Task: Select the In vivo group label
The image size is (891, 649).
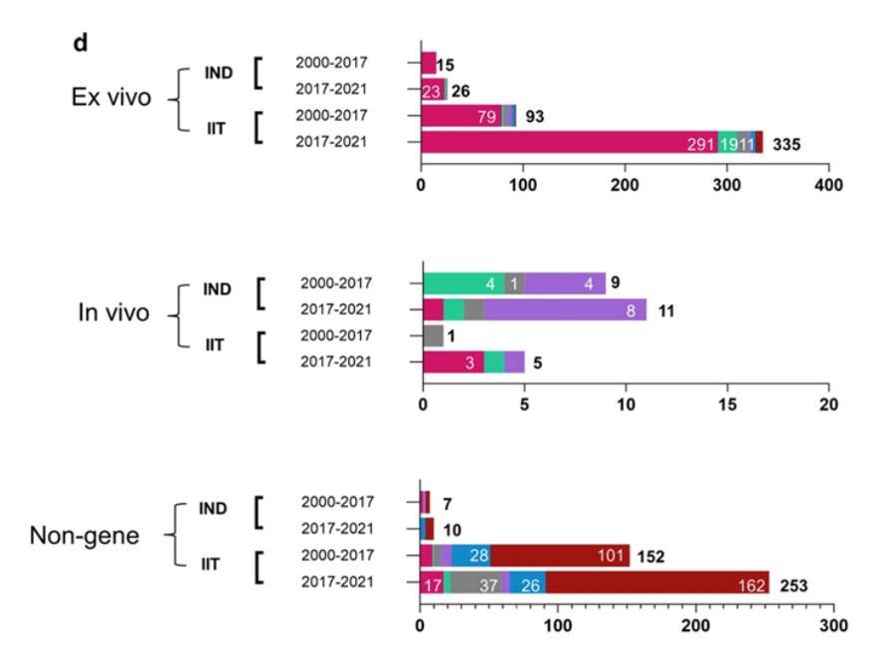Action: [x=114, y=313]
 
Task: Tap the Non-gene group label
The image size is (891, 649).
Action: [x=99, y=536]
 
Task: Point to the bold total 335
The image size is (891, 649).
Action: [x=787, y=144]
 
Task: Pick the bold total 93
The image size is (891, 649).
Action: [x=535, y=117]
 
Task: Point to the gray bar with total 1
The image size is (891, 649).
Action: [x=433, y=336]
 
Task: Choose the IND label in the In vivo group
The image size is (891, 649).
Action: [x=217, y=290]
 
